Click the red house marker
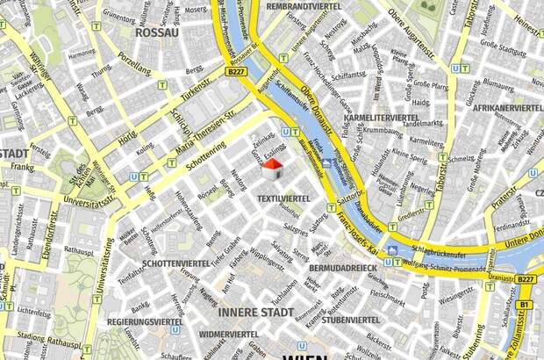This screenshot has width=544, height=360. [274, 167]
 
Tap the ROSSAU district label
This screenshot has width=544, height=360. [157, 32]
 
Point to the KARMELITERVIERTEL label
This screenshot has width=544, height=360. [381, 117]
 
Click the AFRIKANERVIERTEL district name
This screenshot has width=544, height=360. [508, 112]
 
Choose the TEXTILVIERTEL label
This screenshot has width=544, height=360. [283, 199]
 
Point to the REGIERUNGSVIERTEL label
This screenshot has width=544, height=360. [146, 322]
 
